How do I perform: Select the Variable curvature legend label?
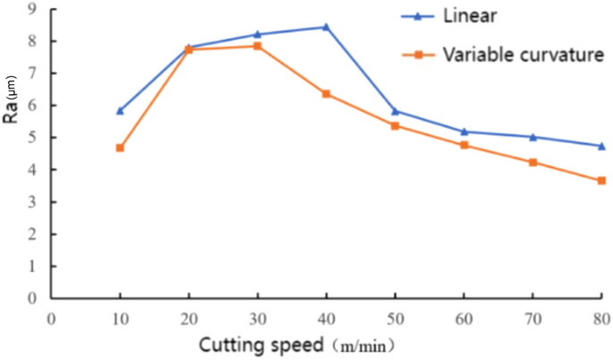tap(524, 56)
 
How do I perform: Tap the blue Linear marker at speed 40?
tap(326, 27)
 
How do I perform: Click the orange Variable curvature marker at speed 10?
tap(120, 148)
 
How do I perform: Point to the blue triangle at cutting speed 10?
tap(120, 111)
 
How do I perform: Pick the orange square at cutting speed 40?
tap(326, 94)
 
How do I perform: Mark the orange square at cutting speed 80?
tap(601, 181)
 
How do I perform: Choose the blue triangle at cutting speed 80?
tap(601, 146)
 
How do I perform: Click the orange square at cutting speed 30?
tap(257, 46)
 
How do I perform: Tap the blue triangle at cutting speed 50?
tap(395, 111)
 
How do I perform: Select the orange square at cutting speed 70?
tap(532, 162)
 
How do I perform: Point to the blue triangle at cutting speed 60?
tap(464, 132)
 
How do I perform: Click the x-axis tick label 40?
tap(326, 318)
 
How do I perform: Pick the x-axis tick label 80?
tap(601, 318)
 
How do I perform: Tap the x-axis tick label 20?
tap(189, 318)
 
